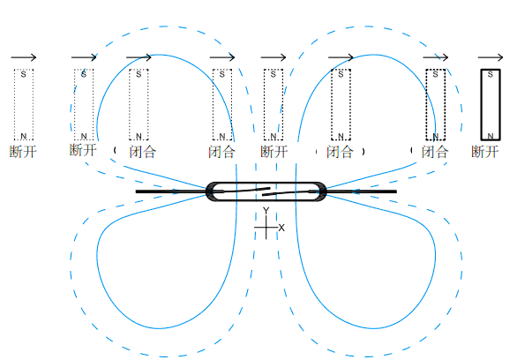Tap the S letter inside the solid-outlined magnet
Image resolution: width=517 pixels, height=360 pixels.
tap(491, 74)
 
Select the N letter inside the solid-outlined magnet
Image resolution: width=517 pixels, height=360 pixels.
tap(491, 136)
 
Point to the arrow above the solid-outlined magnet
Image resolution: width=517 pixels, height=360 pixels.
tap(491, 57)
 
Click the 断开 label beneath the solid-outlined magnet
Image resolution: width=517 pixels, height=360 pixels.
tap(484, 152)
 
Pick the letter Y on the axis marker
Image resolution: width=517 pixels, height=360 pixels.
tap(266, 210)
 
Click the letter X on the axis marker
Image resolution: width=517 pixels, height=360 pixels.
tap(281, 228)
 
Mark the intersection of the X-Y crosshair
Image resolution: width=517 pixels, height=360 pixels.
tap(266, 227)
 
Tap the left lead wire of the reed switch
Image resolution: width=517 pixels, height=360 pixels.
tap(171, 191)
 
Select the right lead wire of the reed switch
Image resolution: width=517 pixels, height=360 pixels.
tap(361, 191)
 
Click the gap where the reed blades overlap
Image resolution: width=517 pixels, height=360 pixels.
tap(266, 191)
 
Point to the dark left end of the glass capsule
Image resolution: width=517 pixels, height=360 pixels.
tap(210, 191)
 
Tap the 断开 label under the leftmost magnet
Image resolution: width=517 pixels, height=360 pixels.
tap(23, 152)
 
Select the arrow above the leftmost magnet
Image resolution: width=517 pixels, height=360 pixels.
tap(24, 57)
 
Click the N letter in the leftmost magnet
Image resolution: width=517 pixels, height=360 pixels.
tap(24, 136)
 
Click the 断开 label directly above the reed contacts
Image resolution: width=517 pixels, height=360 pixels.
tap(274, 152)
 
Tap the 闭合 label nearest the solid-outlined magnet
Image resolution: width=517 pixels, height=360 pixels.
tap(435, 152)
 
